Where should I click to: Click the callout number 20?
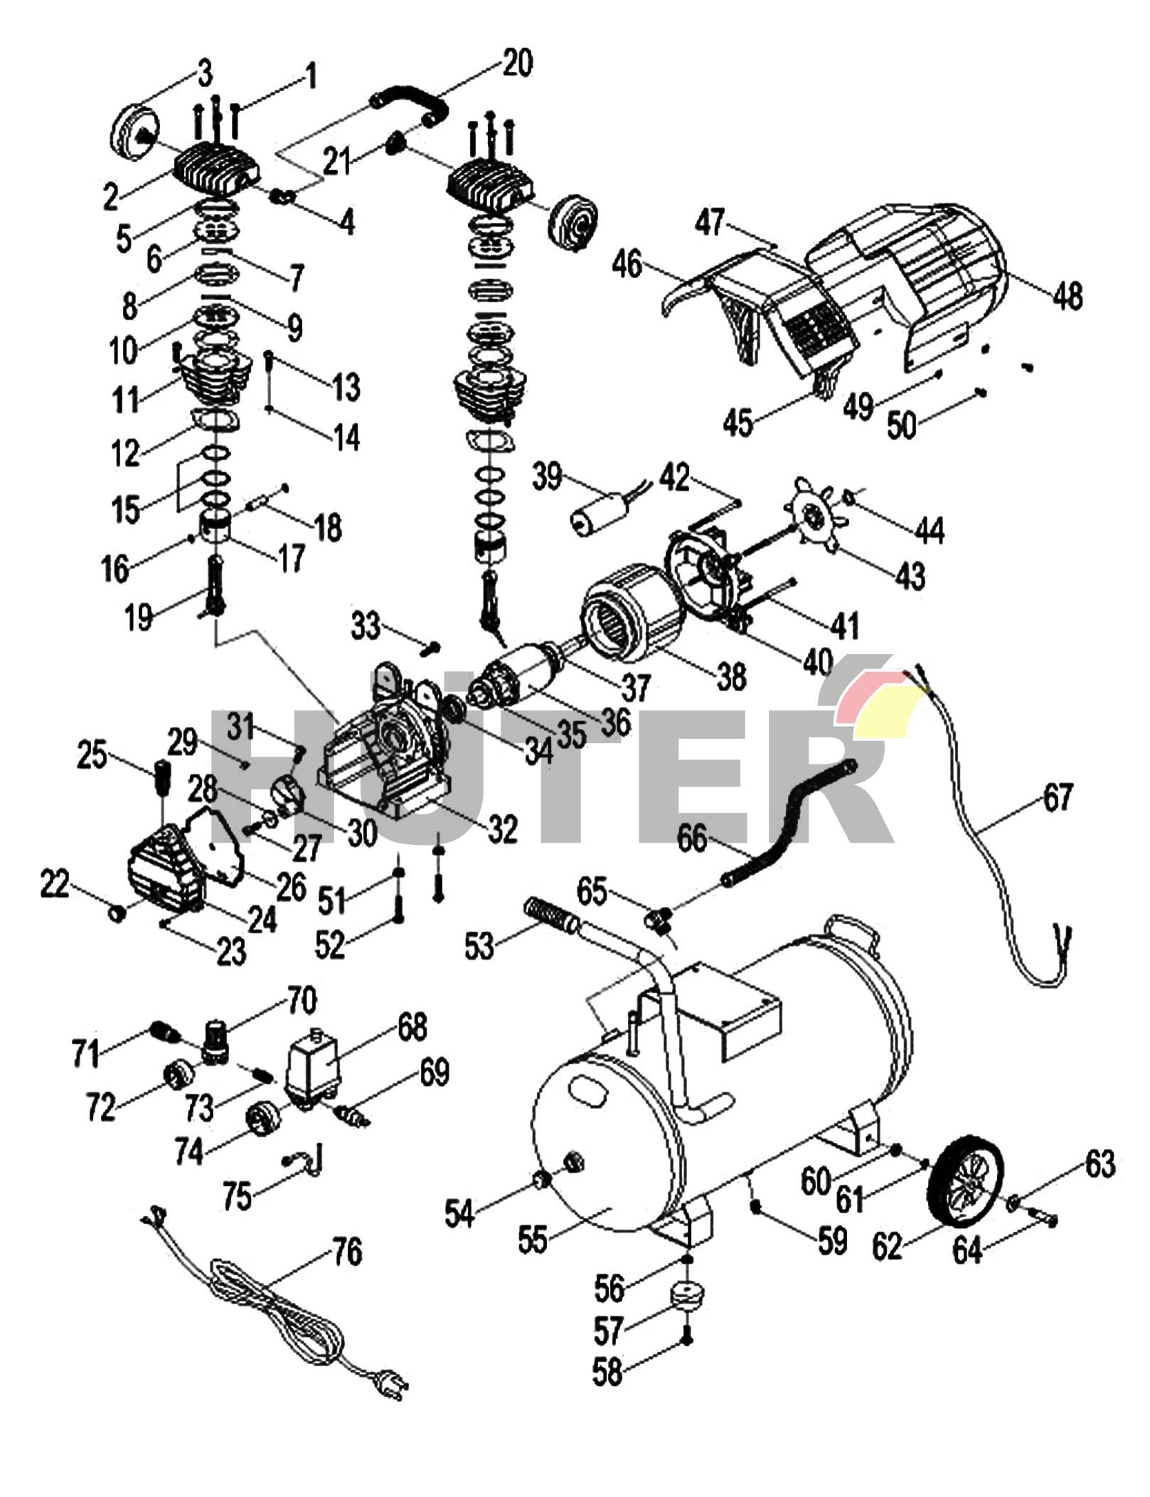coord(517,63)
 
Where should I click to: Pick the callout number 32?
coord(502,829)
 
